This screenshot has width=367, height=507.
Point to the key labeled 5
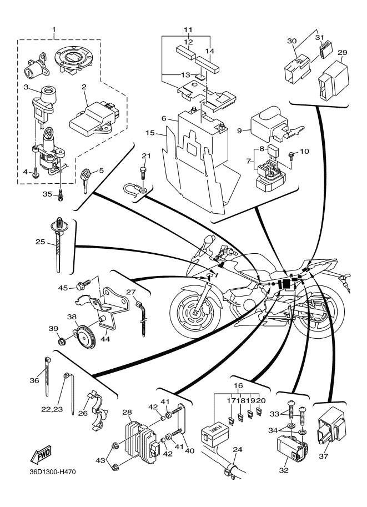click(86, 179)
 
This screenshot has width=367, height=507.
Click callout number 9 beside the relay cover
click(240, 131)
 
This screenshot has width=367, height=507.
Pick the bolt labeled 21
click(143, 166)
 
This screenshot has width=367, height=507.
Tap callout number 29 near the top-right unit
click(343, 52)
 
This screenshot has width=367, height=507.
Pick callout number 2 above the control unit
click(84, 87)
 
